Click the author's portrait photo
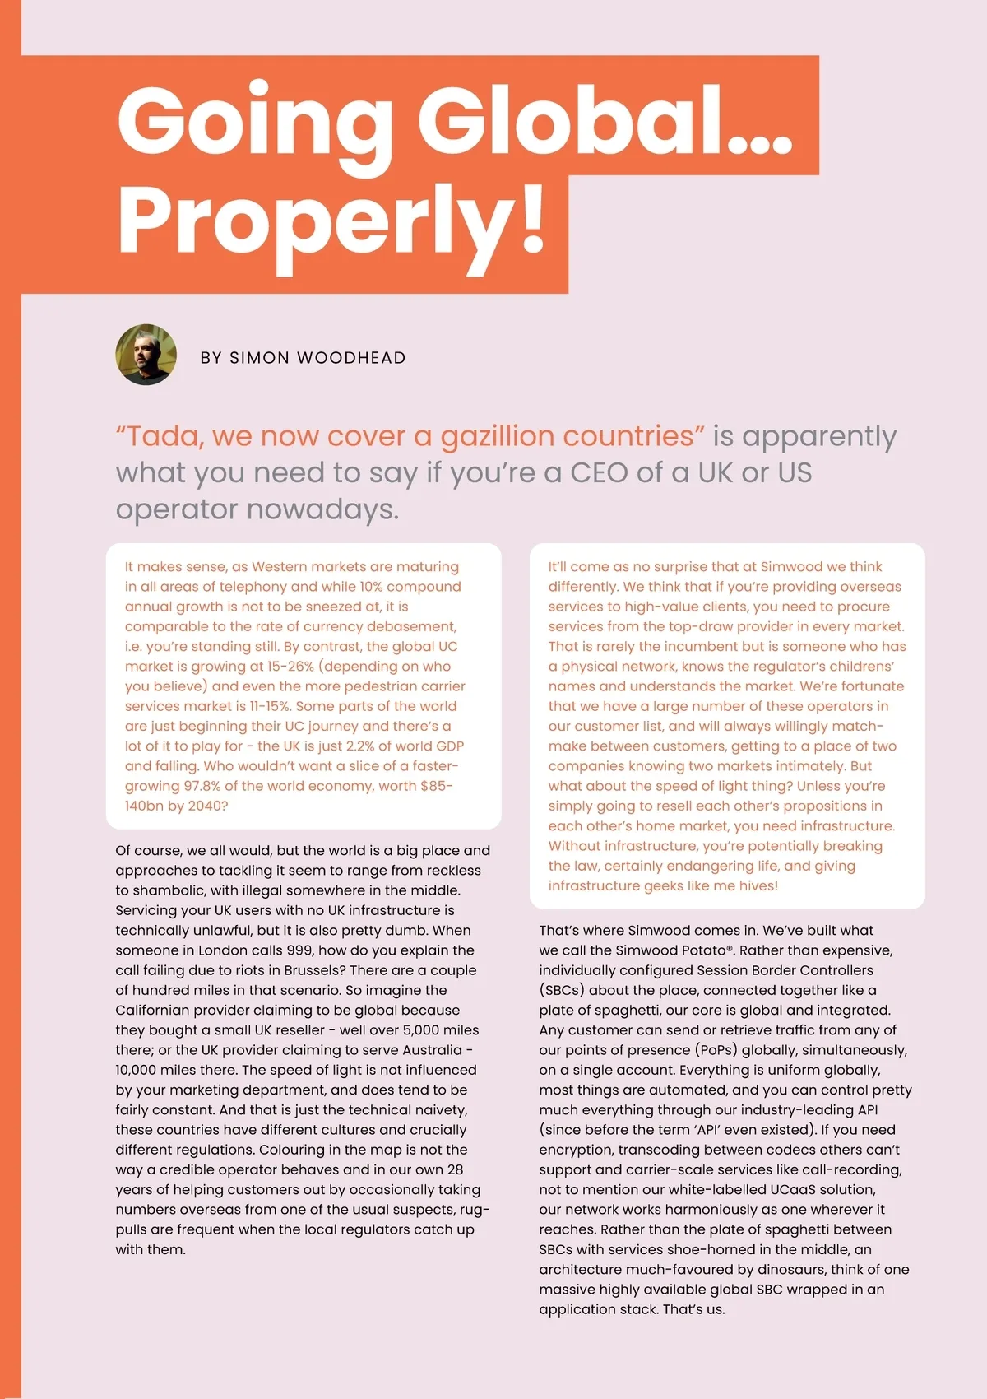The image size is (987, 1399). coord(146,355)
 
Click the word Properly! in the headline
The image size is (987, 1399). coord(331,219)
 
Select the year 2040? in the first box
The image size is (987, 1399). coord(208,806)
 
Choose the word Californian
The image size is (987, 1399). coord(161,1011)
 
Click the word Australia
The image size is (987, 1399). coord(433,1050)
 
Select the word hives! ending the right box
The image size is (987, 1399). coord(758,886)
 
